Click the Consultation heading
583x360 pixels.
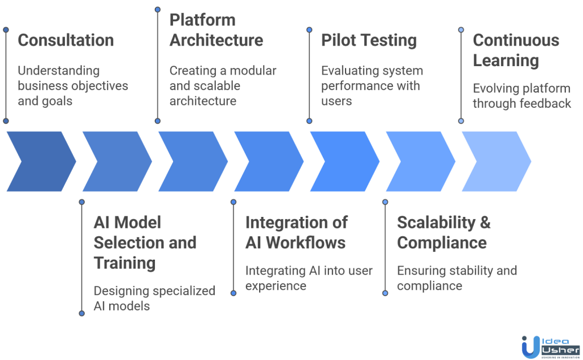click(65, 40)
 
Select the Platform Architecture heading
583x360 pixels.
click(216, 30)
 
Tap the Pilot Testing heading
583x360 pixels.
click(369, 40)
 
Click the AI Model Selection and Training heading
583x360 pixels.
click(145, 243)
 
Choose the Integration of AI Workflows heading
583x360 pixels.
click(296, 232)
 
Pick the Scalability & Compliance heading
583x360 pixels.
click(444, 232)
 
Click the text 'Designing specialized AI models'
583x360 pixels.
click(154, 298)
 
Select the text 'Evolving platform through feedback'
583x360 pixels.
click(522, 96)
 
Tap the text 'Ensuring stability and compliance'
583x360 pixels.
click(457, 278)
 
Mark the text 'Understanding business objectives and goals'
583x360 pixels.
click(73, 86)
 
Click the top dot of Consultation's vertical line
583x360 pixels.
click(6, 29)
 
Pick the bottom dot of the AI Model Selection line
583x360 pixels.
click(82, 313)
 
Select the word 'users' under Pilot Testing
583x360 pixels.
click(336, 101)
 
